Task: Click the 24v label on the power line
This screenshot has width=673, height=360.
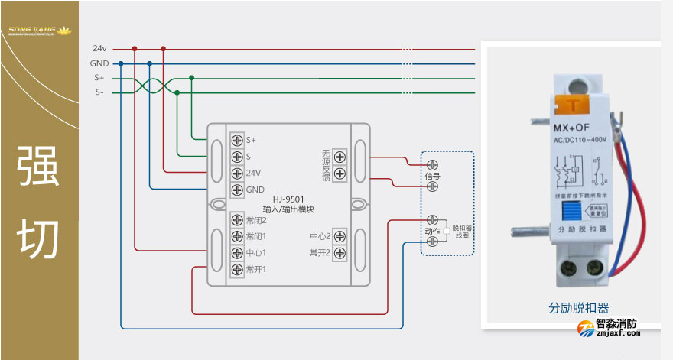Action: pyautogui.click(x=99, y=48)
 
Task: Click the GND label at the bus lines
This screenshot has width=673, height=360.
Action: pyautogui.click(x=99, y=63)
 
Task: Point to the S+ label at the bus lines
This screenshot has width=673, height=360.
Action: pyautogui.click(x=99, y=78)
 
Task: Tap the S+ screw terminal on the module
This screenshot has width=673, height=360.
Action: pyautogui.click(x=237, y=140)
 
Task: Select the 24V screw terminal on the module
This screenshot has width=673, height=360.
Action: pyautogui.click(x=237, y=173)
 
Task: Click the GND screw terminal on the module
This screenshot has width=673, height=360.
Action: pyautogui.click(x=237, y=190)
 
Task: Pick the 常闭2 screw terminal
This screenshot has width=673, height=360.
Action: pyautogui.click(x=237, y=220)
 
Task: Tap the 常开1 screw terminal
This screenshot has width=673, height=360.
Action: pyautogui.click(x=237, y=269)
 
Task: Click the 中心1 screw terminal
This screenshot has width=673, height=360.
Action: pyautogui.click(x=237, y=253)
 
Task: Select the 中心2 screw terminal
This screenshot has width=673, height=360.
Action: pyautogui.click(x=340, y=236)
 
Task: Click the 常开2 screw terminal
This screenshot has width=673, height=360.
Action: pyautogui.click(x=340, y=253)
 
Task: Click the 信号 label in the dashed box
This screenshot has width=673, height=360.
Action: pyautogui.click(x=432, y=176)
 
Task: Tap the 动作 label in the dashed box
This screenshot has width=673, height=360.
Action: pyautogui.click(x=432, y=231)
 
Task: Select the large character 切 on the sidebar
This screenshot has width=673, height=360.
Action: pyautogui.click(x=39, y=237)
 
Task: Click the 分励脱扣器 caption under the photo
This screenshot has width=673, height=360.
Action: pyautogui.click(x=579, y=307)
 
